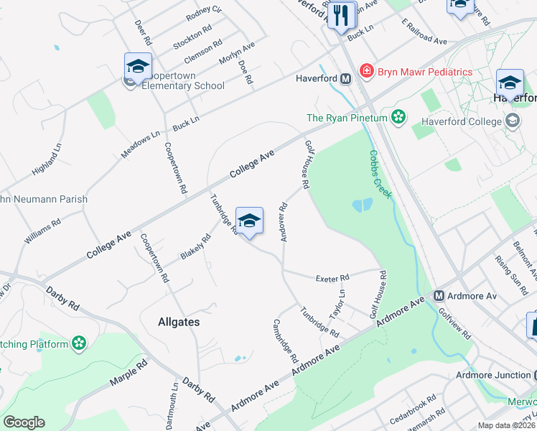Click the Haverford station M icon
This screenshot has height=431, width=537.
click(345, 78)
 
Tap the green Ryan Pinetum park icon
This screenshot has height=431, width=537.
click(398, 117)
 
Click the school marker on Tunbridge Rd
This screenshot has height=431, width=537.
click(249, 221)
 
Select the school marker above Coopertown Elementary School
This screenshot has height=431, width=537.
click(138, 67)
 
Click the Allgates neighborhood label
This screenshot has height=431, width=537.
click(178, 323)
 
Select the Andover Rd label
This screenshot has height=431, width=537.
click(284, 223)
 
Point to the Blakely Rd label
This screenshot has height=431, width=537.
click(195, 247)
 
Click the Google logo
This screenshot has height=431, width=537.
click(24, 422)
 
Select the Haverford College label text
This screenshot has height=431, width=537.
click(461, 121)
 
